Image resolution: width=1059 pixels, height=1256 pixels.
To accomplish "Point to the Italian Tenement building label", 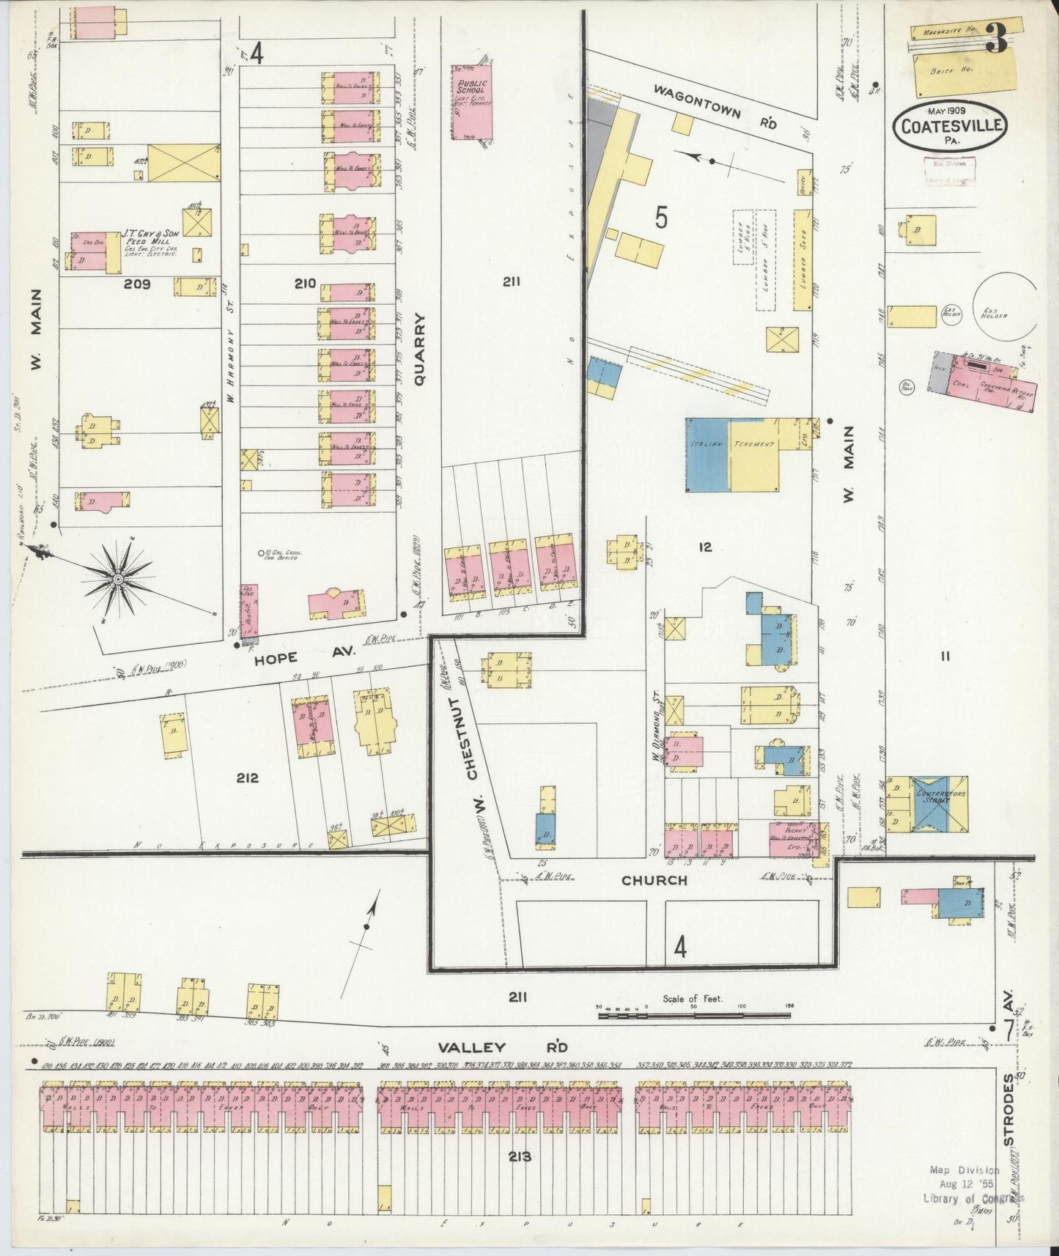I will [731, 445].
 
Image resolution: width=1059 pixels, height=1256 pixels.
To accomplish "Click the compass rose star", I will [117, 580].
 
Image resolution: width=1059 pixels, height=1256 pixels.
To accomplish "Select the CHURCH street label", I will [654, 880].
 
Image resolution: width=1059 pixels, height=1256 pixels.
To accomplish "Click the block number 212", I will [247, 777].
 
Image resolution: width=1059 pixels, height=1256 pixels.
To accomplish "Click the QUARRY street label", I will [419, 349].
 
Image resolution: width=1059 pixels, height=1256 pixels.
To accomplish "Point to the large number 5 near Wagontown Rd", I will [661, 218].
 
